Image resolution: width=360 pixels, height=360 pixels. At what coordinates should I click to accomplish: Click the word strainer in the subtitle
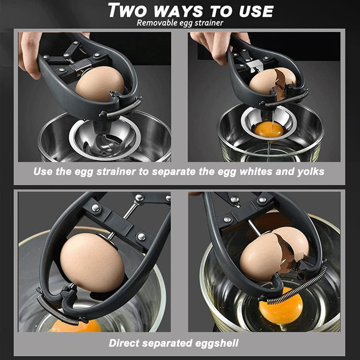coord(208,22)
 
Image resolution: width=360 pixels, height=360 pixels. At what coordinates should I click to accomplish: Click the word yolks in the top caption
coord(312,171)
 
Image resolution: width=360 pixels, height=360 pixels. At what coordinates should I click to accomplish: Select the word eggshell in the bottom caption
coord(213,343)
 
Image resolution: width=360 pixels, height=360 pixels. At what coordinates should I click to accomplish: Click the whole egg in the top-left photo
coord(99,84)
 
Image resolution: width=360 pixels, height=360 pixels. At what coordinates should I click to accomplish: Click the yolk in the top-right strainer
coord(269,130)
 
